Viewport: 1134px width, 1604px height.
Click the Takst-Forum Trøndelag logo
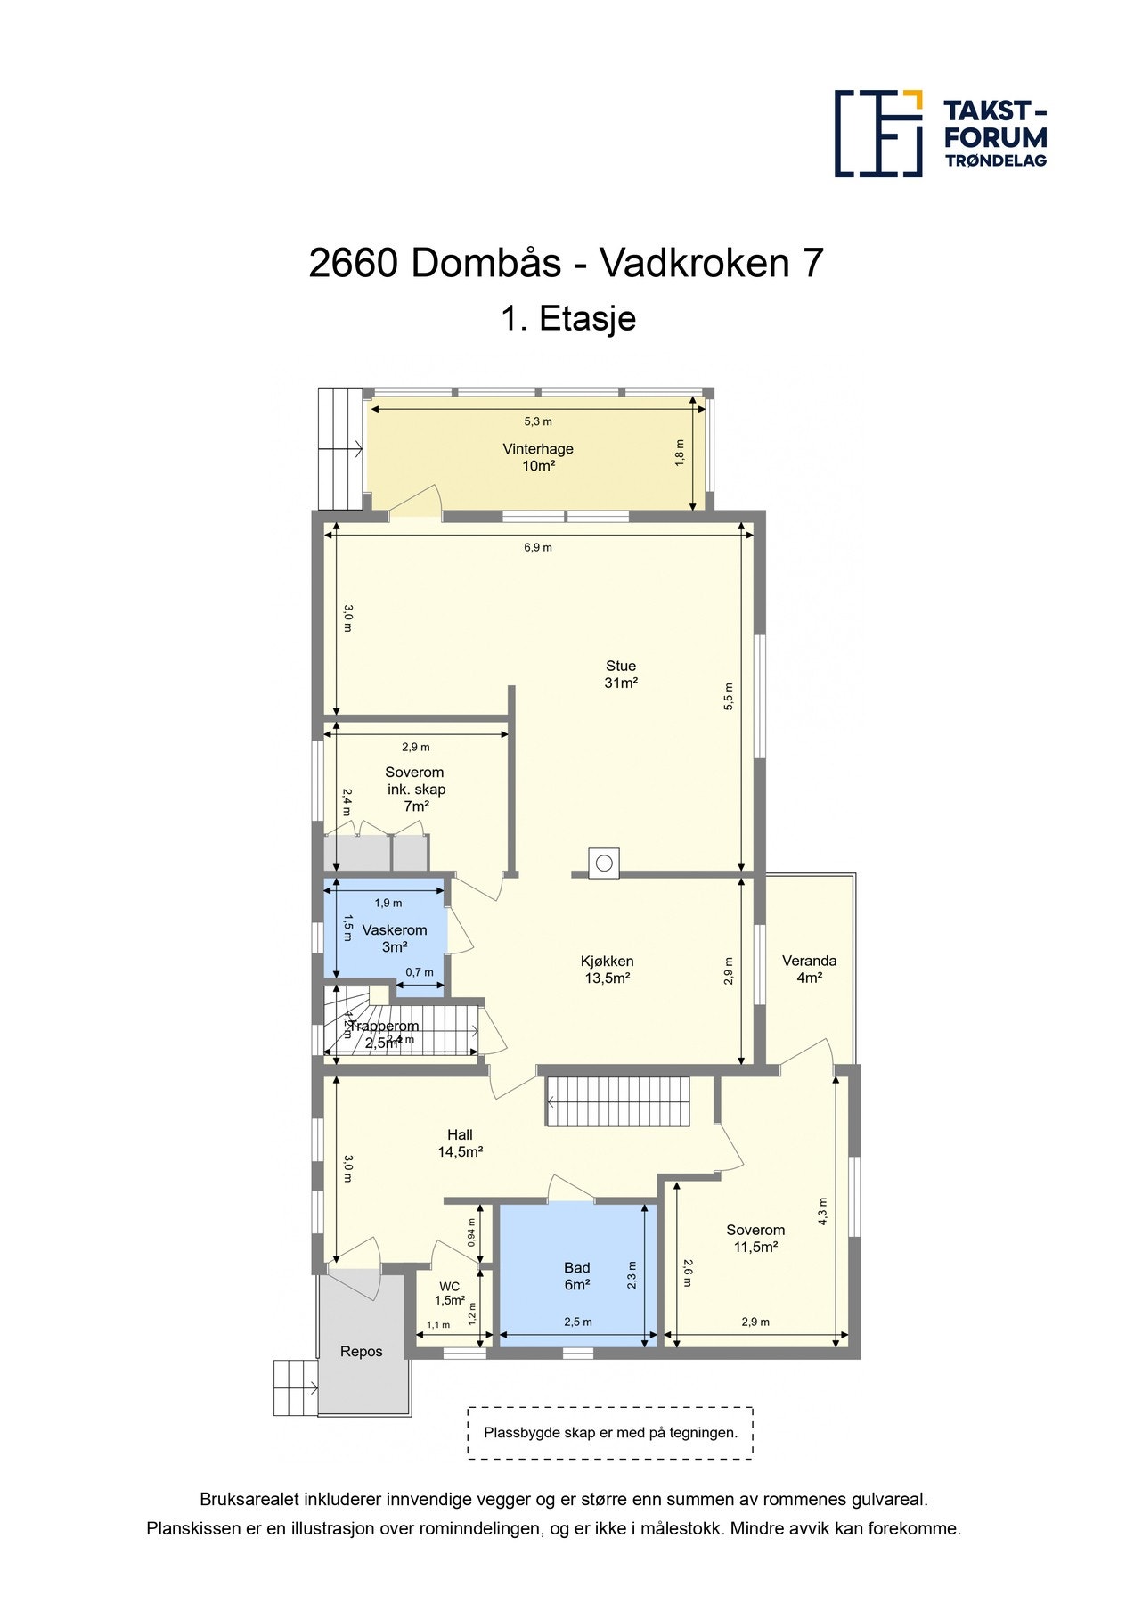click(x=940, y=134)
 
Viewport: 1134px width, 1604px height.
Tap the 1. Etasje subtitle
click(x=567, y=318)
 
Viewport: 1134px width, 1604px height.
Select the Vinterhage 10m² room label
click(x=538, y=457)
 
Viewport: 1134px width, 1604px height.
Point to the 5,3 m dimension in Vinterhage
click(x=538, y=421)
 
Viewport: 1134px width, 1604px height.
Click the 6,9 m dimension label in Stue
click(x=538, y=547)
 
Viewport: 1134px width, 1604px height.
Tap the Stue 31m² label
click(x=621, y=675)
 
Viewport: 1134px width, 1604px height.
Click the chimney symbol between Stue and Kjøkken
click(x=604, y=863)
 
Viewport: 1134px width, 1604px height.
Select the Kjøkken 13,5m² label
click(x=607, y=970)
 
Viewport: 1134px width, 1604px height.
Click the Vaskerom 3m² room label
click(x=394, y=938)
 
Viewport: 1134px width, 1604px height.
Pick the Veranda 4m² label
click(x=809, y=969)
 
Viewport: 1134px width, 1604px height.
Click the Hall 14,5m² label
click(x=460, y=1143)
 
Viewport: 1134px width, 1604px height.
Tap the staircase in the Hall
click(x=618, y=1102)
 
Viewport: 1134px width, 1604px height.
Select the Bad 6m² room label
click(x=577, y=1276)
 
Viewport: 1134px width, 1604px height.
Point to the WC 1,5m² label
click(x=450, y=1294)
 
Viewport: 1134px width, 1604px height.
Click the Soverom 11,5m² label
click(x=755, y=1239)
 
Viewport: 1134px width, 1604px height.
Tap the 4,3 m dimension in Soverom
click(x=822, y=1211)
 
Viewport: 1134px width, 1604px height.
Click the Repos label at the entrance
click(x=362, y=1352)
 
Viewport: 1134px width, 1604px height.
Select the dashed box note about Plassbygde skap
click(x=610, y=1433)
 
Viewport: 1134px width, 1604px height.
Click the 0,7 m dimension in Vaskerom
click(x=420, y=972)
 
